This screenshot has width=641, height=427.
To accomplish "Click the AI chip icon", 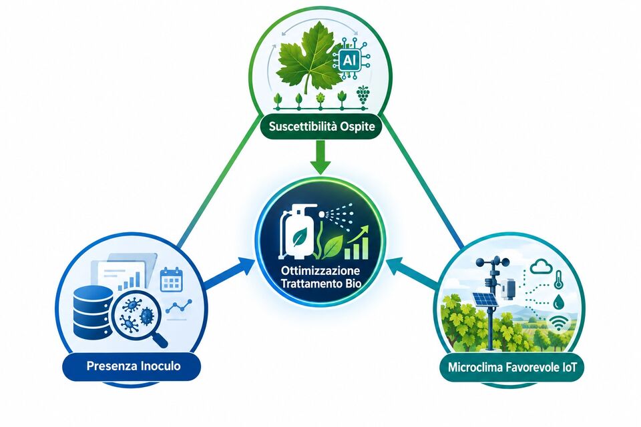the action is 349,60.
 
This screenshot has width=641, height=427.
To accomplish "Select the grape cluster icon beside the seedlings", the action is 363,95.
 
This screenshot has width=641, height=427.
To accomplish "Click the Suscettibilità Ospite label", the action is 322,127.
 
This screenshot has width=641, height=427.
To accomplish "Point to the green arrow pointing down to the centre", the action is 320,157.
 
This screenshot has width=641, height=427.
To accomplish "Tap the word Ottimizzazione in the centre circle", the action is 321,270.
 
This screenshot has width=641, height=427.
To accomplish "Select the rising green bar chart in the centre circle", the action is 357,244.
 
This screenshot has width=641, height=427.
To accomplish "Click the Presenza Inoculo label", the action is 134,366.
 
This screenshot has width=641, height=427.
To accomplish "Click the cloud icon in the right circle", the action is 541,268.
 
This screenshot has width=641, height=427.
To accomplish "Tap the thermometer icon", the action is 558,281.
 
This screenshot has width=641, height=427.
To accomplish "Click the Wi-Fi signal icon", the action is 558,323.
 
